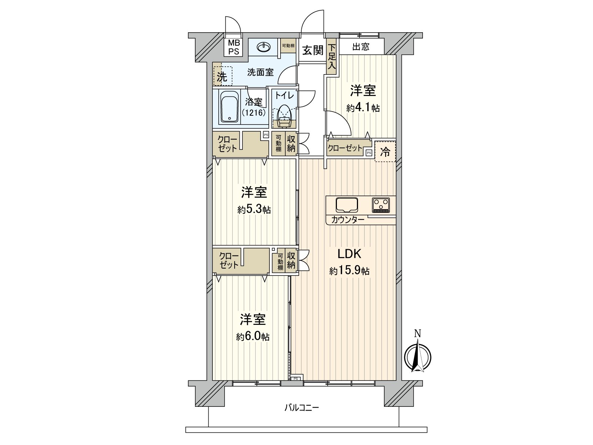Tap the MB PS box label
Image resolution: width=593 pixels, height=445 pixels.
233,47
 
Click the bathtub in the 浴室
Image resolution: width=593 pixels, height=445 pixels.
230,107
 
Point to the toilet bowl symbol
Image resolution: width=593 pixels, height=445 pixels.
284,112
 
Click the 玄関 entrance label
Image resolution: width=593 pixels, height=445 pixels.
312,50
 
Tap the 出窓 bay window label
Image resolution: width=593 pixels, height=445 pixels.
361,47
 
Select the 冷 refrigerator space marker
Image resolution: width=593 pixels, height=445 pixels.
385,151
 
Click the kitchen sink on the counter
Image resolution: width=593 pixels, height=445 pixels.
347,205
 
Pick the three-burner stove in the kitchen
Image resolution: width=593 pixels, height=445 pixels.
381,205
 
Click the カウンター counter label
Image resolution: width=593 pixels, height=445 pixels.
348,220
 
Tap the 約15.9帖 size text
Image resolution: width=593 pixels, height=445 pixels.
349,271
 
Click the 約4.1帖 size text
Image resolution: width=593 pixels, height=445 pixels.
363,108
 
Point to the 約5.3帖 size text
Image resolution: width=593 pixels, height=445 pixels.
254,210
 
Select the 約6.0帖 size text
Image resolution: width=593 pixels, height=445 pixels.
253,337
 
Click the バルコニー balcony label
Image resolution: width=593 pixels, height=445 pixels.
301,408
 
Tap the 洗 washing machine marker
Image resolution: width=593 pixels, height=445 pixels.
222,77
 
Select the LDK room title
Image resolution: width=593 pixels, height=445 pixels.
349,254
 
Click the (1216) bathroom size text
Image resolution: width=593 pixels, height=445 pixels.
254,113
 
